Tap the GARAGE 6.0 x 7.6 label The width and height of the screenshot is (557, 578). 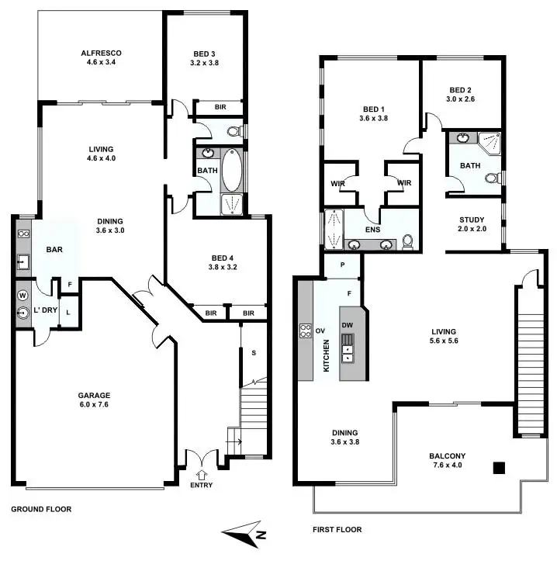point(93,400)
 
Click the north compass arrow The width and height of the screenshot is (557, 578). point(244,533)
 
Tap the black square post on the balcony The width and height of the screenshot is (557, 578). point(499,467)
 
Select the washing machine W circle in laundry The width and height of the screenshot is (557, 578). point(22,296)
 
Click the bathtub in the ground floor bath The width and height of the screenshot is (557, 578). point(232,171)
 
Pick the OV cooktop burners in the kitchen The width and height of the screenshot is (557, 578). point(305,331)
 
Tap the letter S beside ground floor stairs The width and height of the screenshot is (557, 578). point(253,354)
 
